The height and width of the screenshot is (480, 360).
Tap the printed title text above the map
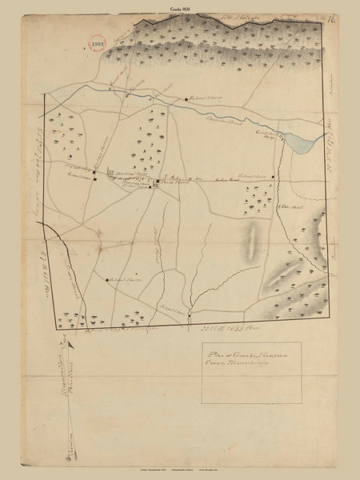pos(179,5)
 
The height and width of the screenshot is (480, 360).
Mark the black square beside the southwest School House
pos(107,279)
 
